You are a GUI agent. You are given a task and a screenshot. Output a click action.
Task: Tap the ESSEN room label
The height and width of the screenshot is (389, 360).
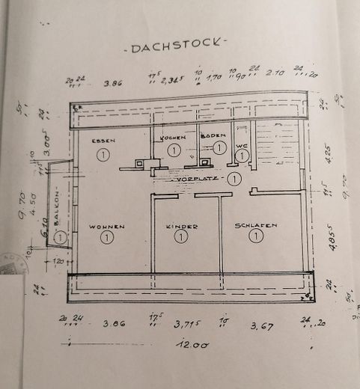coord(103,141)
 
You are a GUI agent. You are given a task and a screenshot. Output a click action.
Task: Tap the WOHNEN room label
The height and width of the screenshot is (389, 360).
coord(106,225)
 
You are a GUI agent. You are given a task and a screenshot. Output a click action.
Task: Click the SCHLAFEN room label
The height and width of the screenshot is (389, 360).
coord(256,224)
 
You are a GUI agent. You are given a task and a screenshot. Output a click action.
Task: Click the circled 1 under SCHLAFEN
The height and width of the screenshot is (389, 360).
coord(256,236)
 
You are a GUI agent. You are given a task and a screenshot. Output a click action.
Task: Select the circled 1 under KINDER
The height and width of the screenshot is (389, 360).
coord(180,236)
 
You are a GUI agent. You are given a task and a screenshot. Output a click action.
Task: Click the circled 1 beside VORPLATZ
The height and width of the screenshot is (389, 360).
coord(234,178)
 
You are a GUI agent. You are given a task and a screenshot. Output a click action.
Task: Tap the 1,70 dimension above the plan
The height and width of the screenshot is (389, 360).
coord(213,76)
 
